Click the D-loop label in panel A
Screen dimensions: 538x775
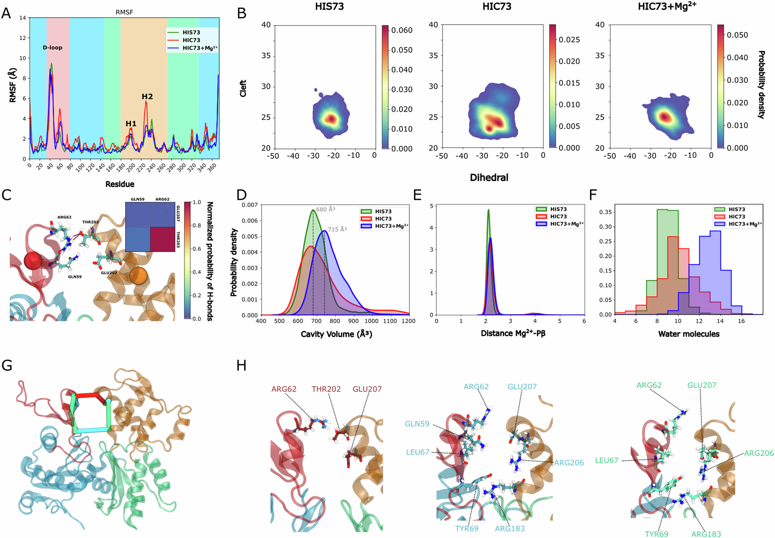tap(52, 48)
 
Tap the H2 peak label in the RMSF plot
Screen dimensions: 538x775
tap(147, 97)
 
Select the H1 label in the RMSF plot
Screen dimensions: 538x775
tap(131, 124)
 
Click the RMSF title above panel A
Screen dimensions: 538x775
tap(124, 12)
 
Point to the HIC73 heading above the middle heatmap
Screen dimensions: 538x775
tap(497, 7)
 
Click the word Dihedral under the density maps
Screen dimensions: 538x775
tap(489, 178)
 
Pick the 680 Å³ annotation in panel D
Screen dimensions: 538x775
tap(325, 209)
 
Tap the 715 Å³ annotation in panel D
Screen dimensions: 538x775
tap(337, 229)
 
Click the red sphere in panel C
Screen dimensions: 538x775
tap(33, 260)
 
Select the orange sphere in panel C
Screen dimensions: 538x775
tap(138, 275)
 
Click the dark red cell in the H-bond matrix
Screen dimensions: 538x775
tap(162, 239)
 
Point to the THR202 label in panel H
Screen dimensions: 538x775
tap(326, 389)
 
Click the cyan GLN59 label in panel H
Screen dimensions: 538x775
tap(417, 424)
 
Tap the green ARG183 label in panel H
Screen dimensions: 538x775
tap(706, 534)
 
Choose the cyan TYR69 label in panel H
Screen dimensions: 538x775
tap(467, 528)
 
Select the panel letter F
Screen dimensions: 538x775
tap(592, 195)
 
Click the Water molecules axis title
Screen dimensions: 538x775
tap(689, 334)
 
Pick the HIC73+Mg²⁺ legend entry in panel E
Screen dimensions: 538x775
tap(567, 224)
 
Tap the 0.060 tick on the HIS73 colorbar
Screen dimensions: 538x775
tap(402, 30)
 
